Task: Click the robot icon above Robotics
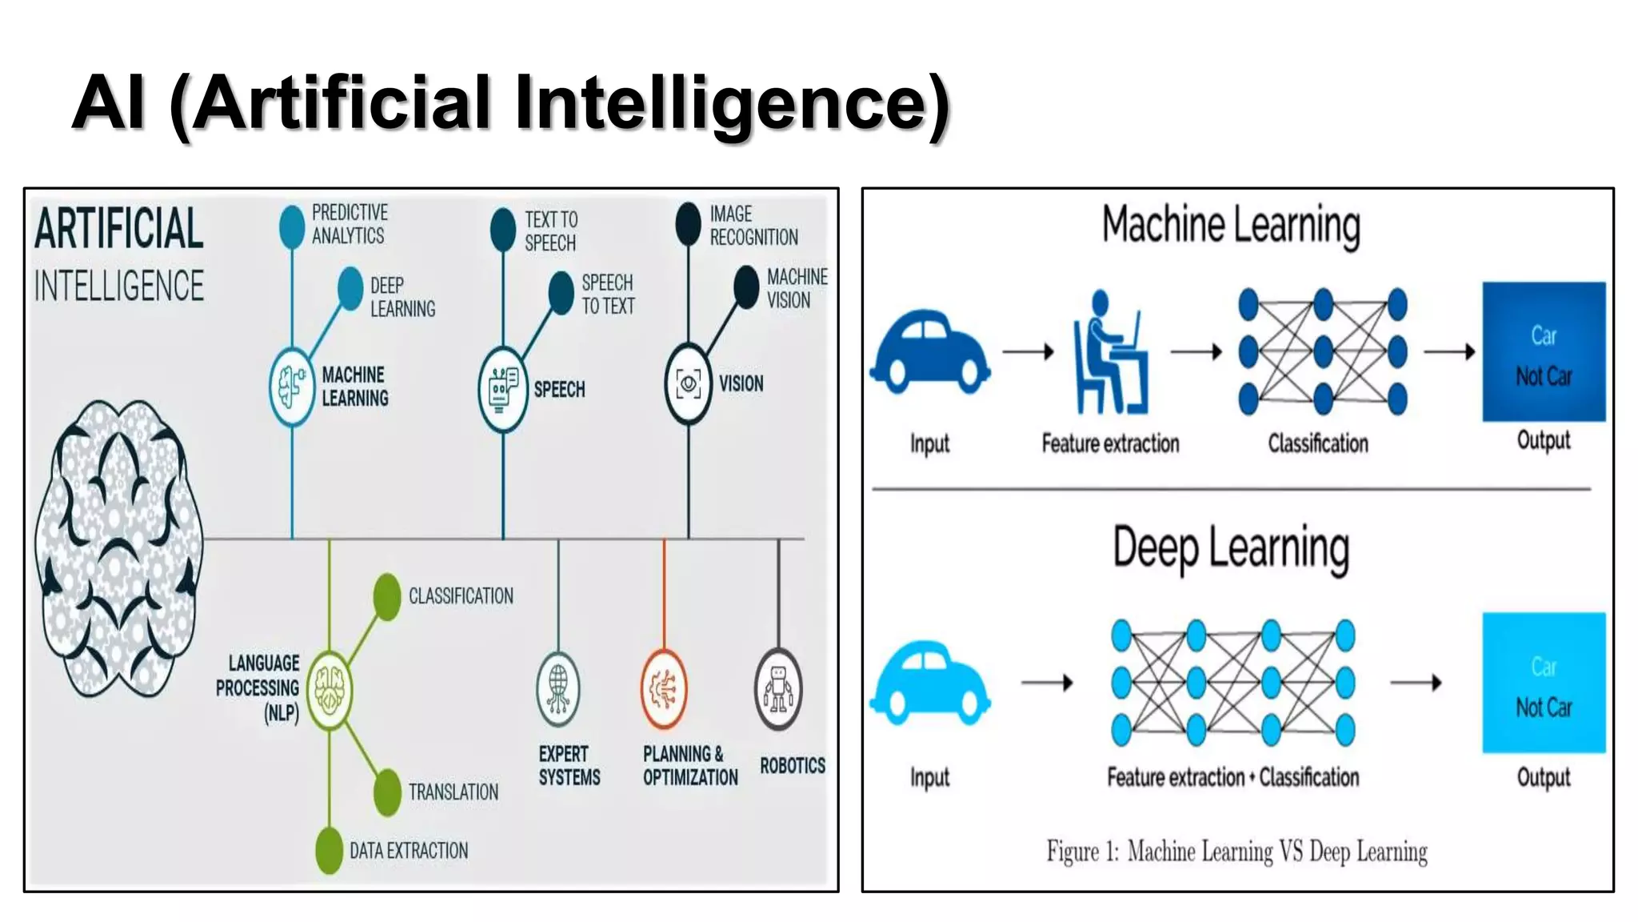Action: [777, 689]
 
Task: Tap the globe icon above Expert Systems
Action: [558, 689]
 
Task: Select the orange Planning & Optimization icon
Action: [663, 689]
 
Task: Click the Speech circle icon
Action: [502, 390]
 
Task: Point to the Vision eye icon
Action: [688, 383]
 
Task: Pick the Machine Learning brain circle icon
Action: [292, 387]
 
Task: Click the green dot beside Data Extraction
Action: [329, 850]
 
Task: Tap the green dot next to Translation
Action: [387, 792]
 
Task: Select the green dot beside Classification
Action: [387, 596]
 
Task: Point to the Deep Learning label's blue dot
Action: [350, 288]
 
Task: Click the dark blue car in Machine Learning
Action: [930, 353]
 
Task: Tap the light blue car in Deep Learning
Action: [930, 682]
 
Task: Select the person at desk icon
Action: [1109, 354]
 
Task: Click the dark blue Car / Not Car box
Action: [1544, 352]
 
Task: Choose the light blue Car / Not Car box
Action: [1544, 683]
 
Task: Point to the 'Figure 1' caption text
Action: [1236, 852]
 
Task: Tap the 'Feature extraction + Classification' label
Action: [1232, 777]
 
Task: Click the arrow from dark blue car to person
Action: [1029, 351]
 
